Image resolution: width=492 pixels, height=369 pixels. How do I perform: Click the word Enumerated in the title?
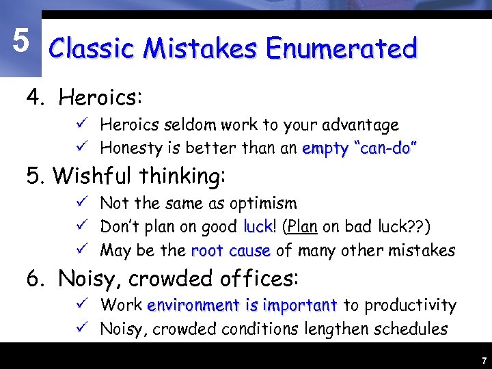[342, 49]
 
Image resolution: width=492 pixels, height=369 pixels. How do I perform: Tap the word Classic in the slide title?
[92, 49]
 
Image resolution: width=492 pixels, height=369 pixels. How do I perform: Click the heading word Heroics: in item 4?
[100, 98]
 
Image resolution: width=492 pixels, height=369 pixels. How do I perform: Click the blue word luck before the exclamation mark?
[258, 226]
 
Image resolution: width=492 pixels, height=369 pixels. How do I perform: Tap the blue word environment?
[193, 305]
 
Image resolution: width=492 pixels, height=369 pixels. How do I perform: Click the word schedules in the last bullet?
[409, 329]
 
